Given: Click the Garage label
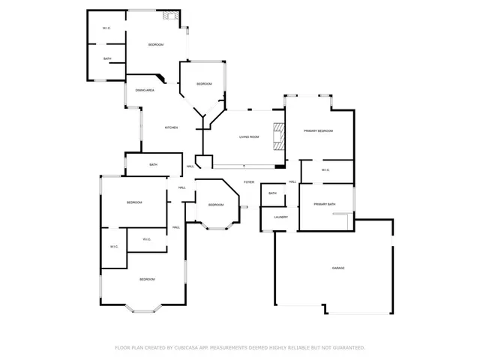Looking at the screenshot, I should pyautogui.click(x=338, y=268).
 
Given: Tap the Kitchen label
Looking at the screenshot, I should pyautogui.click(x=171, y=127).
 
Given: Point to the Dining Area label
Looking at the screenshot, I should pyautogui.click(x=145, y=90).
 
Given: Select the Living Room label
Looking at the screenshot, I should pyautogui.click(x=249, y=137).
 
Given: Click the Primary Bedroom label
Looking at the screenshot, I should pyautogui.click(x=318, y=131).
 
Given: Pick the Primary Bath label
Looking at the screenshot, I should pyautogui.click(x=325, y=205).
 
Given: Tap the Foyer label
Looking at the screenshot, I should pyautogui.click(x=248, y=182).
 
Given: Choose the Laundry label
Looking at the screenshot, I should pyautogui.click(x=281, y=217).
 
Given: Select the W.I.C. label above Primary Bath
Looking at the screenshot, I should pyautogui.click(x=325, y=170).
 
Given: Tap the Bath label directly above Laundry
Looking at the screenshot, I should pyautogui.click(x=272, y=193).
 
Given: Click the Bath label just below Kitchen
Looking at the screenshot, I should pyautogui.click(x=153, y=165).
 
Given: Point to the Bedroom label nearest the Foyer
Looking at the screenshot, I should pyautogui.click(x=215, y=205).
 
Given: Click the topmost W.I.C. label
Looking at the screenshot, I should pyautogui.click(x=107, y=28).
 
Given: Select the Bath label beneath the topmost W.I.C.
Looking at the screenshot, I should pyautogui.click(x=107, y=58).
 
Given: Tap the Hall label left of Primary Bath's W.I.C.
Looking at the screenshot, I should pyautogui.click(x=292, y=182).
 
